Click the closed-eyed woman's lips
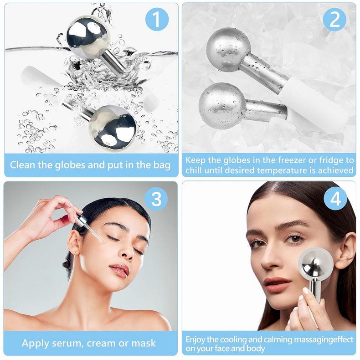coord(119,269)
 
